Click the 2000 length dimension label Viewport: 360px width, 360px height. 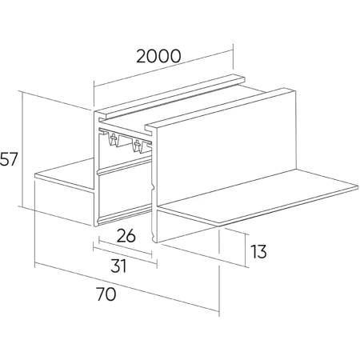[158, 56]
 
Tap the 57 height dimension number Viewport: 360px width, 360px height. [9, 159]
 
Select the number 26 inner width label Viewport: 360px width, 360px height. [126, 235]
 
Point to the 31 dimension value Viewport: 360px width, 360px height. [118, 266]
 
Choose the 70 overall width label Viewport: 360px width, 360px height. [106, 294]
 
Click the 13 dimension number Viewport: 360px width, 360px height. [258, 251]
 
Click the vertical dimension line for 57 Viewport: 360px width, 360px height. [23, 150]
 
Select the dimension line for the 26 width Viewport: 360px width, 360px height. [125, 248]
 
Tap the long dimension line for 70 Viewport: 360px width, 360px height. [127, 287]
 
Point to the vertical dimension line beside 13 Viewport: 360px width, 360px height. [246, 250]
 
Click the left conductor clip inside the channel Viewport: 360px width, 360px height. [114, 139]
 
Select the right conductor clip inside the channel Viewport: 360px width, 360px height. [138, 146]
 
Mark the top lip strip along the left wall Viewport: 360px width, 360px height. [170, 96]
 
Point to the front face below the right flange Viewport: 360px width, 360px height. [186, 226]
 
